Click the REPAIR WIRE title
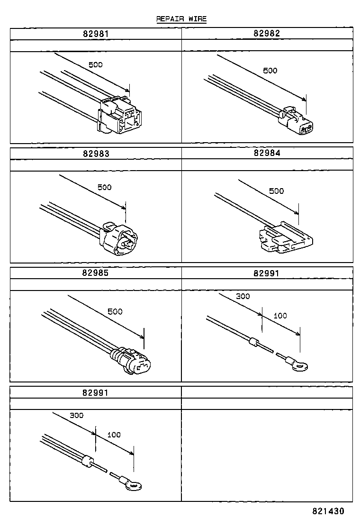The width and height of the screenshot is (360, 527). coord(181,19)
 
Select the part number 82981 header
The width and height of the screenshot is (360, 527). coord(95,34)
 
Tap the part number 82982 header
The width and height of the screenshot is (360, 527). coord(267,34)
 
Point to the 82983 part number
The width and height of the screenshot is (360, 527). coord(95,153)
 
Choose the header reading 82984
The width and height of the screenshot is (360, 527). coord(267,153)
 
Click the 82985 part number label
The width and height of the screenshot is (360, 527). coord(95,273)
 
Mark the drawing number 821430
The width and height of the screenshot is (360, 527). coord(328,512)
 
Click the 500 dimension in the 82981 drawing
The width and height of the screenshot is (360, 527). coord(95,64)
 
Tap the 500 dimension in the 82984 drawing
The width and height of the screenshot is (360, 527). coord(276,191)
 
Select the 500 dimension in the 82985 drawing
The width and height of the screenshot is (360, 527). coord(115,311)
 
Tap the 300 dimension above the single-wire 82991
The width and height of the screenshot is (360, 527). coord(243,296)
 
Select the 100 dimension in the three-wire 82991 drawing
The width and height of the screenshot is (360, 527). coord(114,435)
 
